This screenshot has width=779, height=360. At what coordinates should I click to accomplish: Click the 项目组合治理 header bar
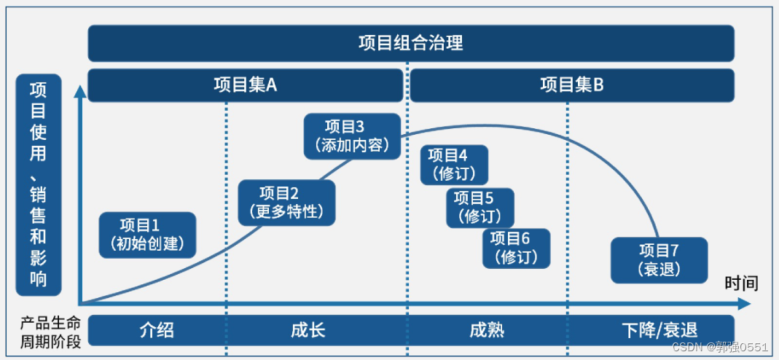411,43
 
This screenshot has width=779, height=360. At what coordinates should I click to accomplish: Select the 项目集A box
245,85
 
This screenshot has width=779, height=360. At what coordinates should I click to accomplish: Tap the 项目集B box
572,85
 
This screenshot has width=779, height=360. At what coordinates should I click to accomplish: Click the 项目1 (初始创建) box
148,235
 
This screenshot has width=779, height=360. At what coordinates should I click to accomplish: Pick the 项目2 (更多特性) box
286,203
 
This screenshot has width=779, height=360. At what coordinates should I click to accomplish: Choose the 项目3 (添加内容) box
353,136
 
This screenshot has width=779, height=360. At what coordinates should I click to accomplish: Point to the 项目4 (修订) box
454,165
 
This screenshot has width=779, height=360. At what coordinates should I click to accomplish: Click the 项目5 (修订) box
480,208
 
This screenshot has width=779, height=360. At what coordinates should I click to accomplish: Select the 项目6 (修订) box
516,248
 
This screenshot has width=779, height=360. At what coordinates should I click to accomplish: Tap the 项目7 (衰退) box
659,260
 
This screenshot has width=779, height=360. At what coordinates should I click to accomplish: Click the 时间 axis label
741,283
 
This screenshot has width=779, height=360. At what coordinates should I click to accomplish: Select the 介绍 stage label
157,330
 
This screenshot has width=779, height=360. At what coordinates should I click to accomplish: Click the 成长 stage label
308,330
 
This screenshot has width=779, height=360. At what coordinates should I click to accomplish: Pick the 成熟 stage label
487,330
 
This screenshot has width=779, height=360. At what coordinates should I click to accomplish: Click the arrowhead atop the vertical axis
78,92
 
